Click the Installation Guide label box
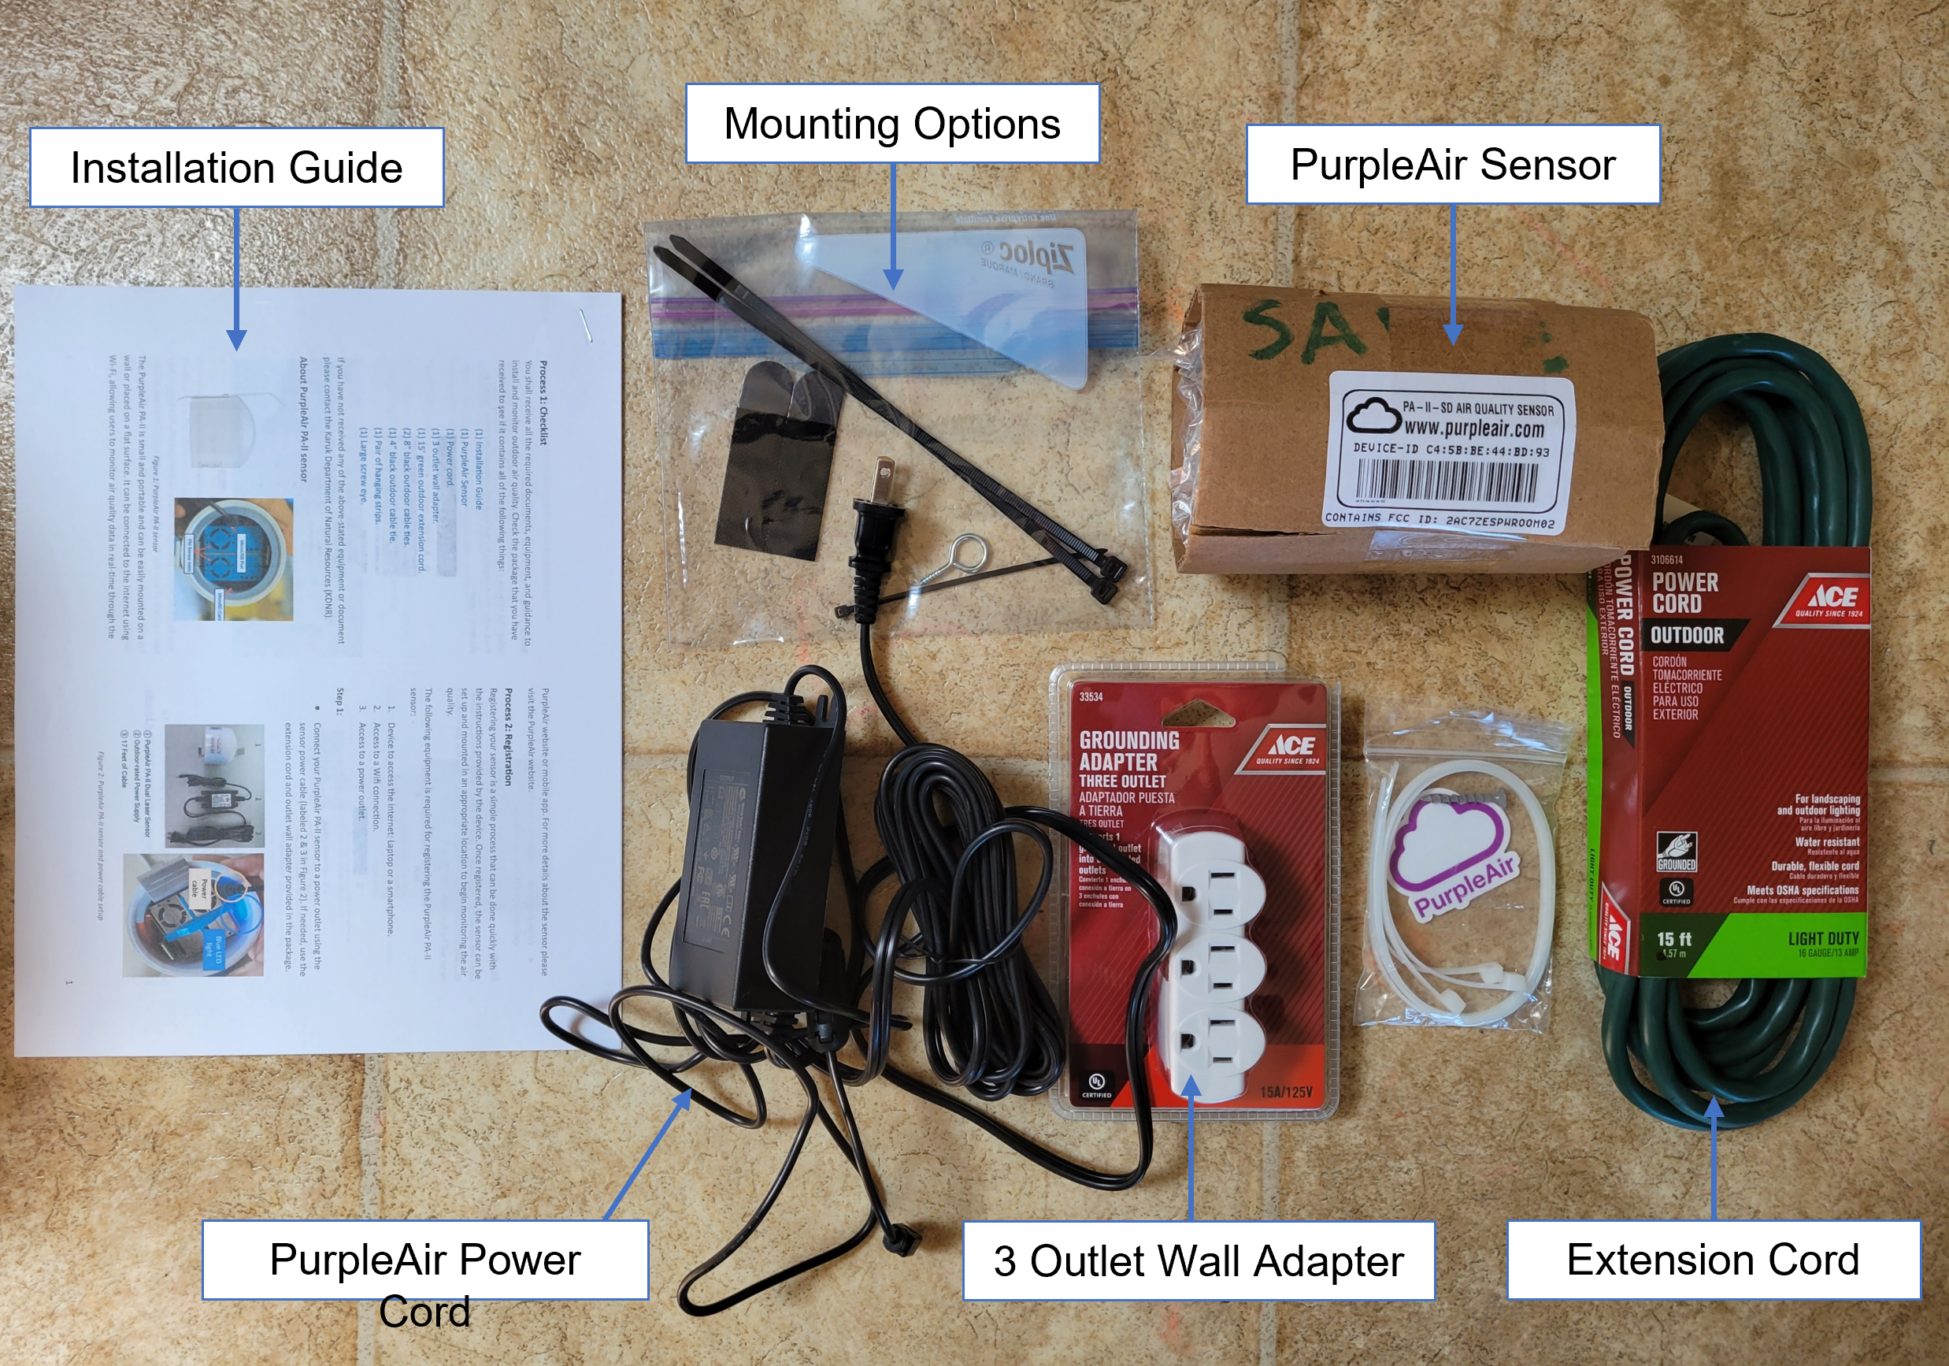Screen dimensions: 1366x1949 [x=236, y=167]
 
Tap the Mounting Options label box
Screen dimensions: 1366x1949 [x=891, y=124]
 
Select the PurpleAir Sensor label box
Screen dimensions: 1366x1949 [x=1452, y=165]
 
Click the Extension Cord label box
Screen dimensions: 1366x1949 [x=1712, y=1260]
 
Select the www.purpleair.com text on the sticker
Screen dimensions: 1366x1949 [x=1473, y=428]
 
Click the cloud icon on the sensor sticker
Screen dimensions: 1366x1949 [x=1372, y=416]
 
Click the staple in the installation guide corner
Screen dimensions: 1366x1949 [x=586, y=326]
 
